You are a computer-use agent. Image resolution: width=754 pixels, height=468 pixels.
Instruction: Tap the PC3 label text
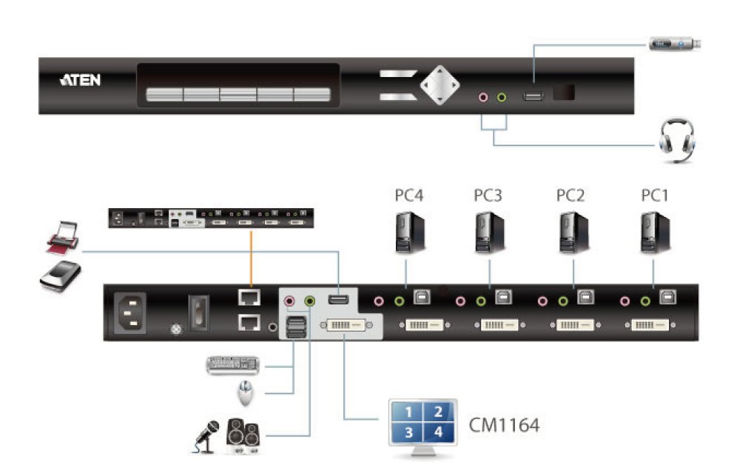point(488,197)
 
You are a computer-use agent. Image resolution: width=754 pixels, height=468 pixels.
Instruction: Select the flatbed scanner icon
point(59,275)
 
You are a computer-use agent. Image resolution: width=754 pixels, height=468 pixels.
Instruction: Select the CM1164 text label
point(504,425)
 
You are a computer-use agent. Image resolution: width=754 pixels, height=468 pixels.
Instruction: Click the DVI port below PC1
point(650,325)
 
